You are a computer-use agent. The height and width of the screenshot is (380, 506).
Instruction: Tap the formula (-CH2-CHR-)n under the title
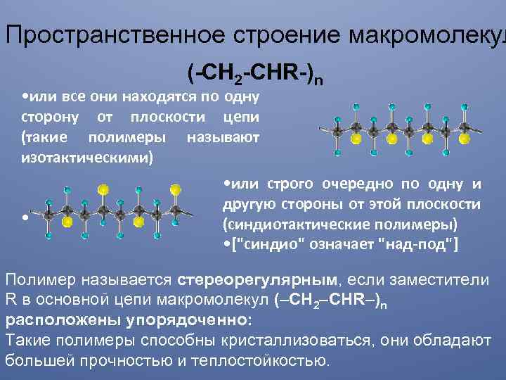pos(255,72)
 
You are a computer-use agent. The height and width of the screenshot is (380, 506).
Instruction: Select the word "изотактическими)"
pos(86,156)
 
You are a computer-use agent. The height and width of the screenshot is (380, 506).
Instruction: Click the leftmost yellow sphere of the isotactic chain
pos(356,139)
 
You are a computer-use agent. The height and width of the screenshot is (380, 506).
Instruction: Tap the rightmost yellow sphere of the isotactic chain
pos(463,139)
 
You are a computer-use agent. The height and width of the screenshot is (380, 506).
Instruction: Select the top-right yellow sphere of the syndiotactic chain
pos(176,189)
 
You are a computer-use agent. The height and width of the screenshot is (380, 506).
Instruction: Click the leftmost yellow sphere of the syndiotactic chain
pos(67,222)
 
